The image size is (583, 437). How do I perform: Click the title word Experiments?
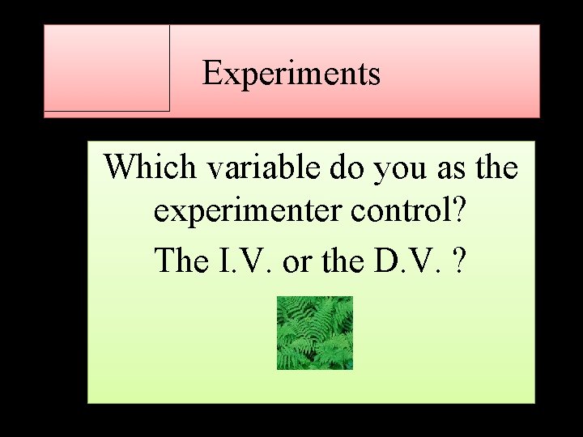[x=291, y=74]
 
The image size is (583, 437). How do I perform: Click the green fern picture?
[x=315, y=333]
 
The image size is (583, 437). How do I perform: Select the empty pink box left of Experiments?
[x=107, y=68]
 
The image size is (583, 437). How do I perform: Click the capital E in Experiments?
[x=212, y=74]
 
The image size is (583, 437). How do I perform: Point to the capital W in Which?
[x=120, y=168]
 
